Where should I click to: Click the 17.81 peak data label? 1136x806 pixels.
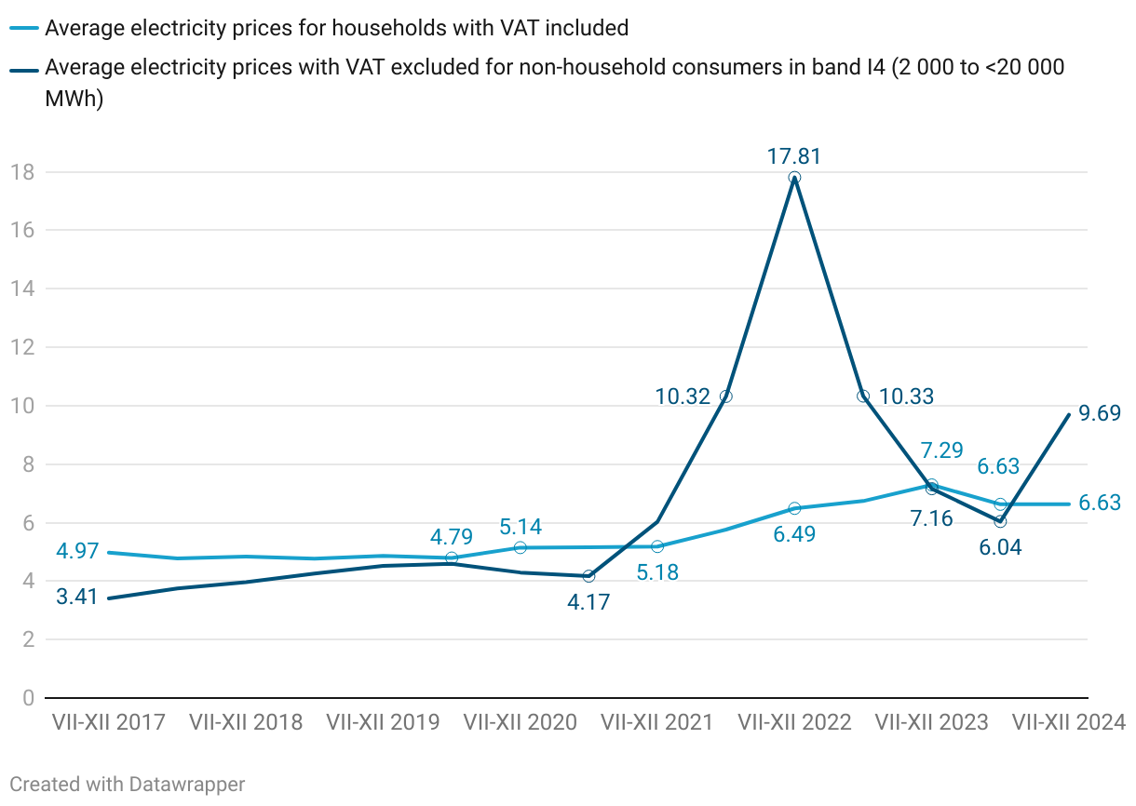click(794, 156)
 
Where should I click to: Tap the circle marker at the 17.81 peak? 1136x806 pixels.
click(794, 178)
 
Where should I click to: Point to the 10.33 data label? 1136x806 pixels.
click(906, 396)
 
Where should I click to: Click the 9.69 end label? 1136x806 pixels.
click(1100, 413)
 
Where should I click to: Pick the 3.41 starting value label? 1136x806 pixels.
click(77, 598)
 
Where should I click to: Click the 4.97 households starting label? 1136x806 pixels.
click(77, 551)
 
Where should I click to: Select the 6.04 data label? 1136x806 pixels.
click(1000, 547)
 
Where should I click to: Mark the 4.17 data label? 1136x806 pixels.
click(588, 602)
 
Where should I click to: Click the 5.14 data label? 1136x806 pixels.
click(521, 527)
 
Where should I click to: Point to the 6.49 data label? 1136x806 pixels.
click(794, 535)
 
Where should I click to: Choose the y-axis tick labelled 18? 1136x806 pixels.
click(22, 172)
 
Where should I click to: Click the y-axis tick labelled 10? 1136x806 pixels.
click(22, 406)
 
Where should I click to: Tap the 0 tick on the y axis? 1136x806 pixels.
click(28, 698)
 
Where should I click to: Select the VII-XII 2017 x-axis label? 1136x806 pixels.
click(109, 722)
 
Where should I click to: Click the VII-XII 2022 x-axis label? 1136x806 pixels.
click(794, 722)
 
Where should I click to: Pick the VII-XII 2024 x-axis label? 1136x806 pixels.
click(1068, 722)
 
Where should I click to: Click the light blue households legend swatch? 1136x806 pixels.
click(26, 29)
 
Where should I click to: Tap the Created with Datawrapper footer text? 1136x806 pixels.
click(128, 785)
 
